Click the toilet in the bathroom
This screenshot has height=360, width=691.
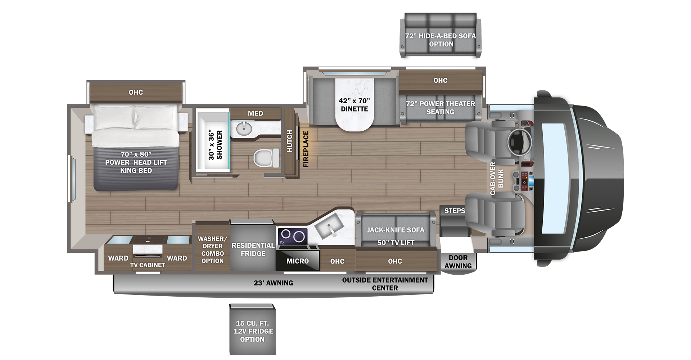266,158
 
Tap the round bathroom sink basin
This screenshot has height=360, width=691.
244,128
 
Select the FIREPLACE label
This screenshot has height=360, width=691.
306,149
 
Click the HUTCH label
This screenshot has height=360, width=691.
289,141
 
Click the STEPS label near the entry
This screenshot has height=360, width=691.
455,211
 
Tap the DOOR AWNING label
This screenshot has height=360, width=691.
458,262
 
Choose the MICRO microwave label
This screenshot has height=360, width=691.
298,261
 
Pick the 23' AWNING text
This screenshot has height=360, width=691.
273,283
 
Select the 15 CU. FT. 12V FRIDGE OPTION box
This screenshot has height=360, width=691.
253,330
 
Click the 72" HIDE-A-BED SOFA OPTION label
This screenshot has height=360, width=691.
441,40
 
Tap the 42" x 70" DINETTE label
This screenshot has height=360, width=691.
354,105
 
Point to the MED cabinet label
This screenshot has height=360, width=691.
256,113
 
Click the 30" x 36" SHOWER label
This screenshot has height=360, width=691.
215,145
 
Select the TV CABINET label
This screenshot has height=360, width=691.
148,265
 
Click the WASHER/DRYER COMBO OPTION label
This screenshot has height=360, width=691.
212,250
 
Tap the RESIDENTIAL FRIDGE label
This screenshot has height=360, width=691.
253,249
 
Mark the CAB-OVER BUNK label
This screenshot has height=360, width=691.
497,179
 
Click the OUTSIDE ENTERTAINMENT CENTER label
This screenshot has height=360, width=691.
385,284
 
